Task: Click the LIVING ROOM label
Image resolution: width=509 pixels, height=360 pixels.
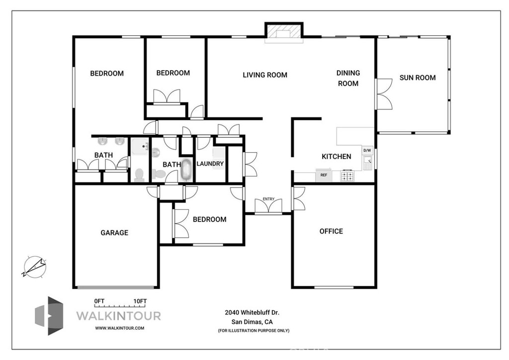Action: [265, 75]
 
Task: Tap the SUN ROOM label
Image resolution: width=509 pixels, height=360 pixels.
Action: [418, 78]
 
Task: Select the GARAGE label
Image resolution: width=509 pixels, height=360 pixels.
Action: [114, 232]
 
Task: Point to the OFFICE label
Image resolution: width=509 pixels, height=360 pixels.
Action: [331, 231]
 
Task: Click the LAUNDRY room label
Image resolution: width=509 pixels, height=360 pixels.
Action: [210, 164]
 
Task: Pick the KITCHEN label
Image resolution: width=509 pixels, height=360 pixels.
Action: [337, 156]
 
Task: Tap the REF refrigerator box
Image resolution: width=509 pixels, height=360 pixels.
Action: [324, 175]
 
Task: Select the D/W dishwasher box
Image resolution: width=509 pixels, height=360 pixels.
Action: [367, 150]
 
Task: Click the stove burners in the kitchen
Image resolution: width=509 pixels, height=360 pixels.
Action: [347, 175]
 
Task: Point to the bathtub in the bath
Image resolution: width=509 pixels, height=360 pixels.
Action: [186, 170]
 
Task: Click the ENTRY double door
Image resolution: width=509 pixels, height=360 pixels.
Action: [268, 206]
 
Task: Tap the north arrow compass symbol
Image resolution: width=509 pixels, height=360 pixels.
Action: [34, 266]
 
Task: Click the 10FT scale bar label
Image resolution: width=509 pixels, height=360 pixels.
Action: [140, 301]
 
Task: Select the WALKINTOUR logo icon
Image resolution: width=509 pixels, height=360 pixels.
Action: [49, 315]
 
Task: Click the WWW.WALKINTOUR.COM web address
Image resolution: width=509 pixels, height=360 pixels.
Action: [119, 328]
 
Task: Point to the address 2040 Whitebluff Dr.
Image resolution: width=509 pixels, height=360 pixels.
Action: [253, 312]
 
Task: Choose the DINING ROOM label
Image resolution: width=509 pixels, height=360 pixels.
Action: [348, 78]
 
